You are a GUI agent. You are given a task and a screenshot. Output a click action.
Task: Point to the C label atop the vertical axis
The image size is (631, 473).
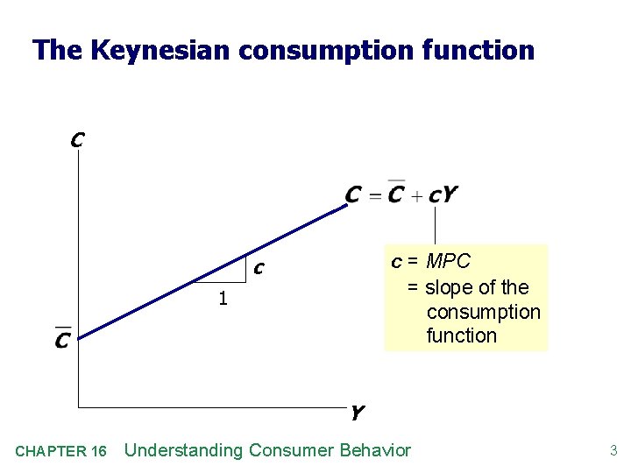click(x=77, y=139)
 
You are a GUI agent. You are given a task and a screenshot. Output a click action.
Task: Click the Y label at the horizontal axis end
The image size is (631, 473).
click(x=357, y=412)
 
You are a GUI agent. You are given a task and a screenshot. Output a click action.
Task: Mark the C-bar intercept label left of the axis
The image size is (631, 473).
click(x=62, y=337)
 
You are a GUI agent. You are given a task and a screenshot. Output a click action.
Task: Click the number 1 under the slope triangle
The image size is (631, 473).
click(x=223, y=299)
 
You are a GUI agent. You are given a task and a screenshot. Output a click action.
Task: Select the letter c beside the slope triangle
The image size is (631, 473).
click(x=259, y=267)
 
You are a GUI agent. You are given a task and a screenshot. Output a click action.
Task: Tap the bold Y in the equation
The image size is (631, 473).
click(x=450, y=194)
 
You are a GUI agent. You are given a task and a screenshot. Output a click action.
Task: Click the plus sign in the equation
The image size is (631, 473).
click(x=417, y=195)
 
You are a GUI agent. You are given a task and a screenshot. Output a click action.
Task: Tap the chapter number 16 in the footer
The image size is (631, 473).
click(x=97, y=451)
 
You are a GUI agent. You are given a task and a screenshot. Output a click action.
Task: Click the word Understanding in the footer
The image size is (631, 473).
click(x=184, y=450)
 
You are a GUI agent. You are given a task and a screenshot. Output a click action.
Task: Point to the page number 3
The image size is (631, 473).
click(x=613, y=451)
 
